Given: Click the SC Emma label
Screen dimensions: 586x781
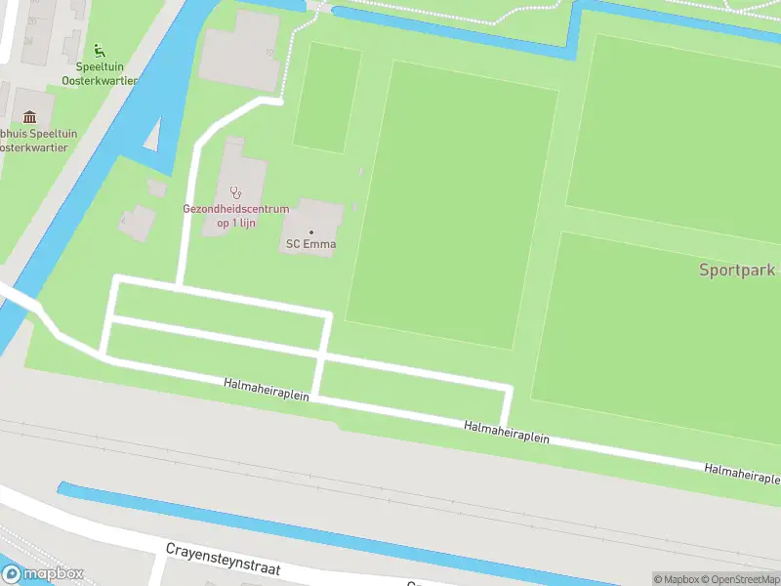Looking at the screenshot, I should [x=311, y=244].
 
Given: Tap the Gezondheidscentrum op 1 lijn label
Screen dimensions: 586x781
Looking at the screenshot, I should [x=236, y=216].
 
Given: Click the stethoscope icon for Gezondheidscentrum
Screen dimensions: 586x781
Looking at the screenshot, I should [x=234, y=191].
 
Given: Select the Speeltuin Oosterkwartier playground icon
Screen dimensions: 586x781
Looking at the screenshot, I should [x=98, y=50].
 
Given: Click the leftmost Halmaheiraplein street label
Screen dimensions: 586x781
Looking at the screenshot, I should [x=267, y=390].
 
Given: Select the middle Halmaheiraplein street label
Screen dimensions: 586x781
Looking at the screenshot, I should [x=507, y=433].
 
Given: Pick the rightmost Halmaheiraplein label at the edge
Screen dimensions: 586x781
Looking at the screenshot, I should [x=743, y=474].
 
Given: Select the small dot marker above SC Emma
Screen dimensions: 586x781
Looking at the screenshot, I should [x=311, y=231].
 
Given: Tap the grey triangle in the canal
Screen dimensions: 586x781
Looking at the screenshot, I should [x=152, y=136].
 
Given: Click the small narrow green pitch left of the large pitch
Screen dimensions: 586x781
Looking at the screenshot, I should [x=326, y=97].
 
